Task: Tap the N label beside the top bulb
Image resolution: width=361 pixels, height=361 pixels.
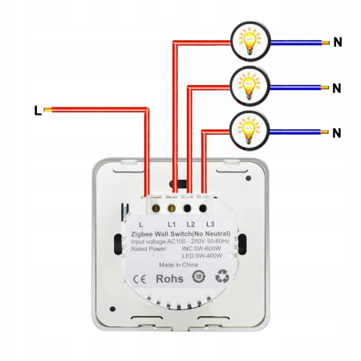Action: (338, 43)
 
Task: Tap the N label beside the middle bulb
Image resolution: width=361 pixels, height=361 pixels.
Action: (338, 87)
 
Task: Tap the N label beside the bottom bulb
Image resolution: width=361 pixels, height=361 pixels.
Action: (338, 132)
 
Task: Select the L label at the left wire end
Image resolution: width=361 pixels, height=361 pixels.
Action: (37, 110)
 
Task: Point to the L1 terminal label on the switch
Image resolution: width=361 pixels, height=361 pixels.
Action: (172, 224)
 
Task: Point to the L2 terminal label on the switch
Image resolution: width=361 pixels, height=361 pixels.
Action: (191, 224)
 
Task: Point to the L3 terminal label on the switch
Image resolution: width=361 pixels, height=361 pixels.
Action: (209, 224)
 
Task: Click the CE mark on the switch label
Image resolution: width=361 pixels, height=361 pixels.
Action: (138, 279)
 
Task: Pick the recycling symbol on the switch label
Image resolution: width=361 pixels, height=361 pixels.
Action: (222, 278)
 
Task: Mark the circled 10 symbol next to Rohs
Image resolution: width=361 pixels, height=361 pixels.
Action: (198, 278)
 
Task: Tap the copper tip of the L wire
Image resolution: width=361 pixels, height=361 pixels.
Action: (49, 110)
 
